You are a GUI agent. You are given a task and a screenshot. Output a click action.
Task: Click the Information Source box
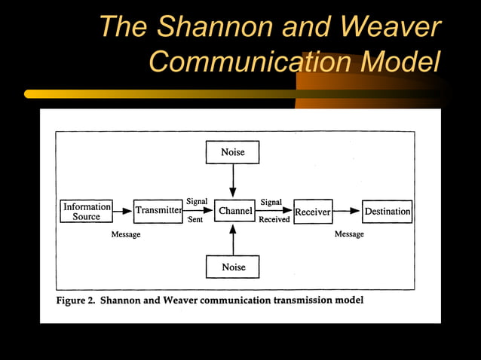[x=86, y=212]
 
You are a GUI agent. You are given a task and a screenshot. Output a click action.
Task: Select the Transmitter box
[x=158, y=212]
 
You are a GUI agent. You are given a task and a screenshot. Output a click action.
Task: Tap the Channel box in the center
[x=234, y=212]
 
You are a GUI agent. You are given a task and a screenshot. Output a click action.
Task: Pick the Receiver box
[x=312, y=212]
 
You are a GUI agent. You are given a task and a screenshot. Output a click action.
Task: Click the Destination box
[x=388, y=212]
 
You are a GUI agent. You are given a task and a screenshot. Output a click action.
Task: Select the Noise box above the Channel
[x=232, y=152]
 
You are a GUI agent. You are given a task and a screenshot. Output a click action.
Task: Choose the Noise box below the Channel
[x=233, y=267]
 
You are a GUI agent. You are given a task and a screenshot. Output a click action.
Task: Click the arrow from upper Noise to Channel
[x=233, y=181]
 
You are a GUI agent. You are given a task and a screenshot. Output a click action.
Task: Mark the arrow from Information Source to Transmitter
[x=123, y=212]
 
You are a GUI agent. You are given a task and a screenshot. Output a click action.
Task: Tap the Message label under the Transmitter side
[x=126, y=235]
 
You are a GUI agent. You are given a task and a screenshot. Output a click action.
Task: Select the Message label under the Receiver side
[x=349, y=234]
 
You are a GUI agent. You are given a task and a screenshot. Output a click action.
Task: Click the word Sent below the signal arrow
[x=195, y=220]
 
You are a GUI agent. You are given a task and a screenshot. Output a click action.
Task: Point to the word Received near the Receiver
[x=274, y=220]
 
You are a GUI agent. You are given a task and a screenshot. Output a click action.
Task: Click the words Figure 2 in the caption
[x=75, y=300]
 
